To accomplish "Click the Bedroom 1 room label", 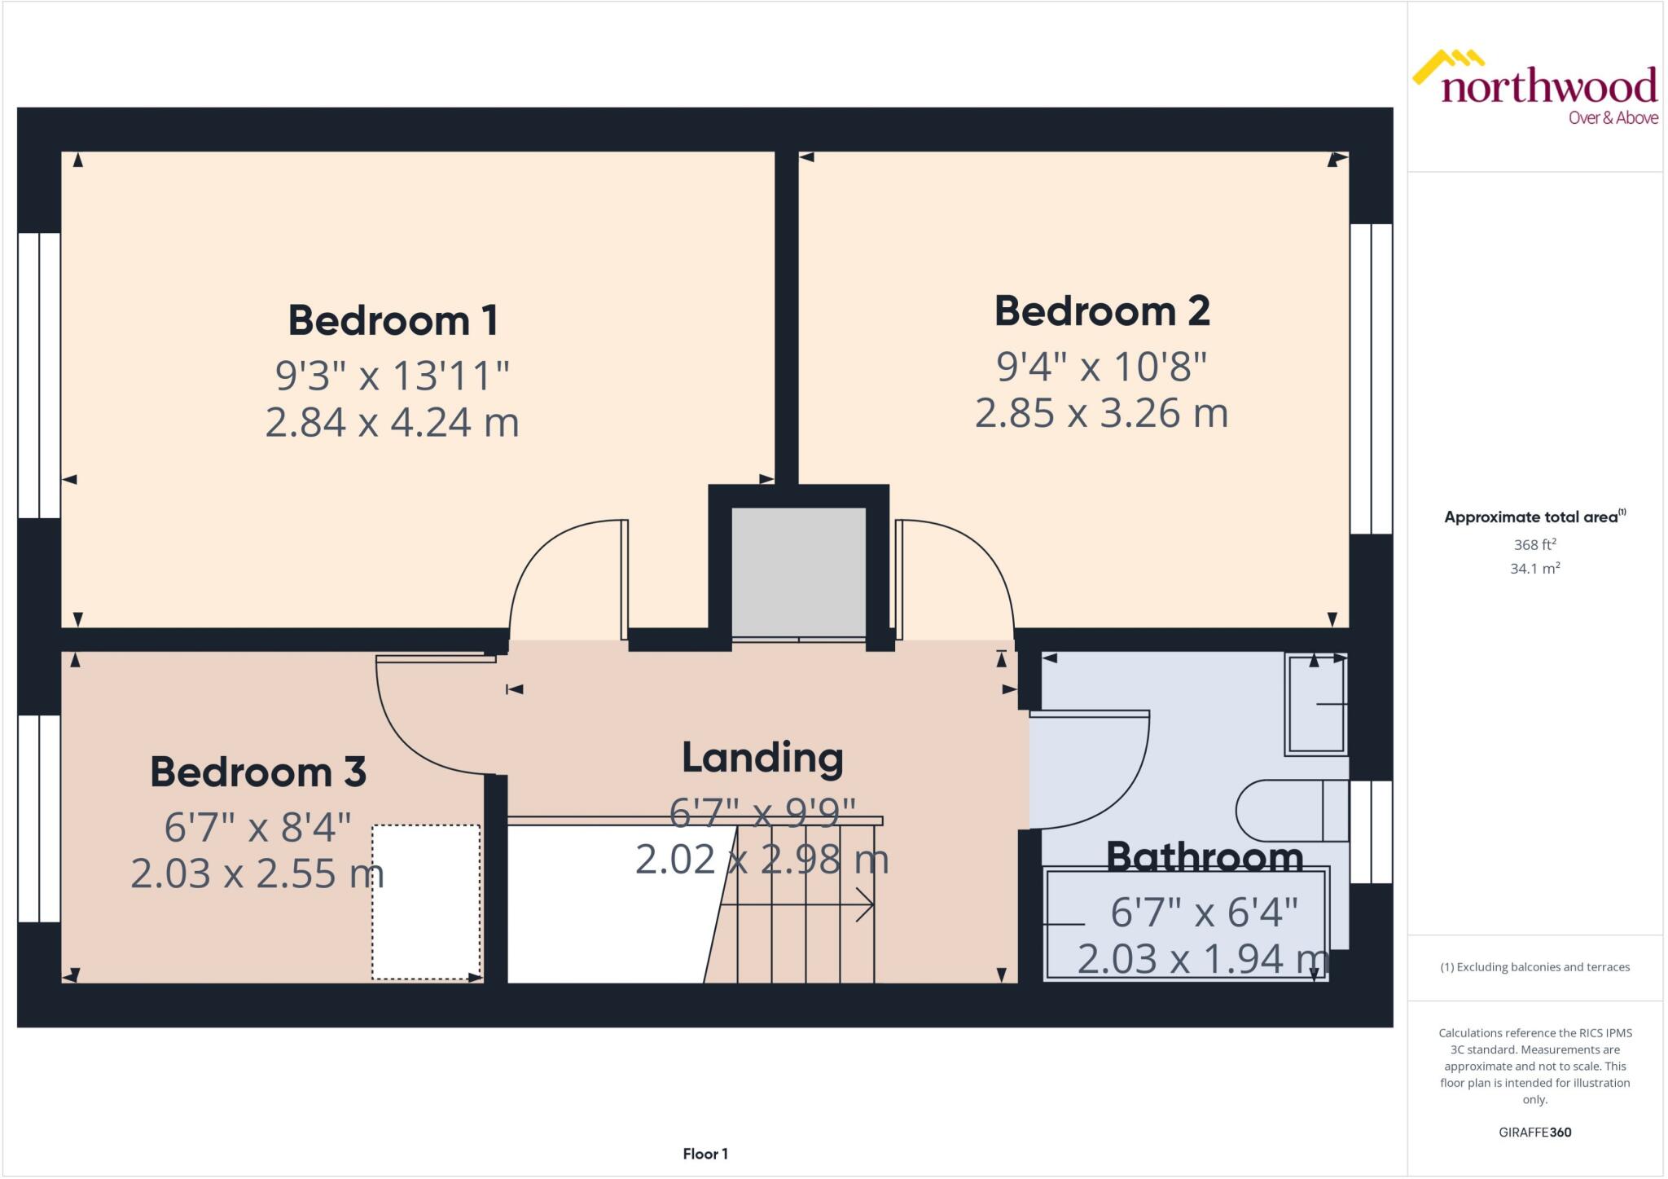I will coord(393,320).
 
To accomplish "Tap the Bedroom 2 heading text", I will coord(1101,311).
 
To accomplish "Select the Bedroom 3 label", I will coord(258,772).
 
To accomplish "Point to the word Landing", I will coord(762,758).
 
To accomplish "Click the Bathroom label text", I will coord(1204,857).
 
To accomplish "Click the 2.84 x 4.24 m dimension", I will coord(393,422).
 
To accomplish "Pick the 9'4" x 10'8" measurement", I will coord(1101,367).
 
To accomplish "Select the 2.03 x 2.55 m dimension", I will coord(257,873).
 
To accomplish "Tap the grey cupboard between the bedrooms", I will coord(798,570).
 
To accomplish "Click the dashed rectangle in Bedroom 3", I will coord(426,902).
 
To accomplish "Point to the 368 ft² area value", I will coord(1534,544).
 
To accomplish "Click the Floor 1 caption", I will coord(705,1154).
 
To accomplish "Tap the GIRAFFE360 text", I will coord(1534,1132).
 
